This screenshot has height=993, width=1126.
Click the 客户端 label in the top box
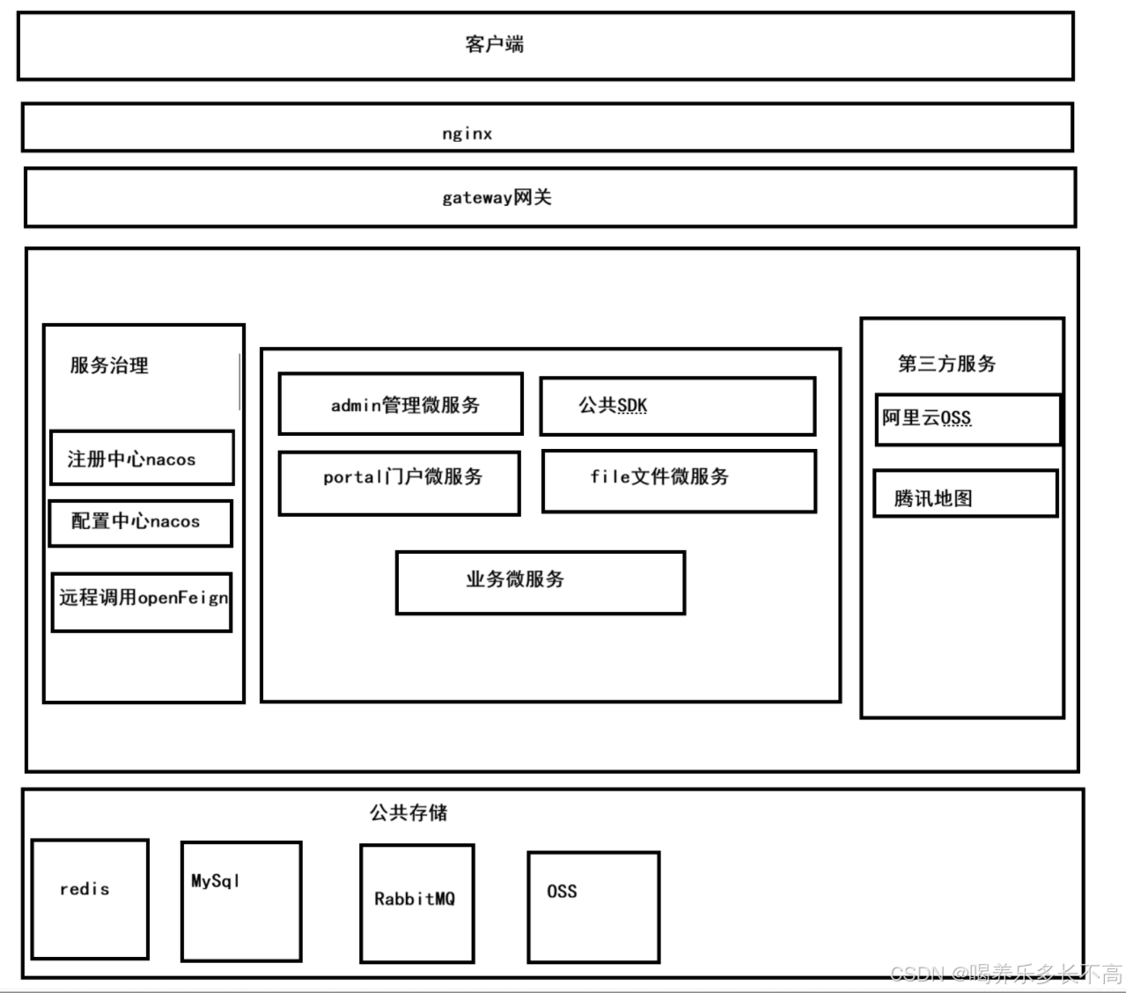494,44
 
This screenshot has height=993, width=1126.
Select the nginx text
467,133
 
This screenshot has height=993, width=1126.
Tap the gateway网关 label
497,197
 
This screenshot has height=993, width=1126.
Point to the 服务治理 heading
109,365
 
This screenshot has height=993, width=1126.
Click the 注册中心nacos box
142,457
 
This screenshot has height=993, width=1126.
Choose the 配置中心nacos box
141,524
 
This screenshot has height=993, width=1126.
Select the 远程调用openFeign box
142,602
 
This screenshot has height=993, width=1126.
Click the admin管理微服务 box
401,403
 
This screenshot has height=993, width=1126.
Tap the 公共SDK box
678,406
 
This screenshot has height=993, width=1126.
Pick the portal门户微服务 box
399,483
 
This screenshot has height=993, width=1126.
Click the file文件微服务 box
679,482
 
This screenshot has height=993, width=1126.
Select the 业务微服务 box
541,583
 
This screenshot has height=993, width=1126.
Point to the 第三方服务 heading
946,364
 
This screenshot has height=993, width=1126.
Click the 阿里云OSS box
968,420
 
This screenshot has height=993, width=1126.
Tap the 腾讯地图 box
966,494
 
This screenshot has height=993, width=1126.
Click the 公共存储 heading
408,813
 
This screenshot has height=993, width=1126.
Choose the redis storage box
90,899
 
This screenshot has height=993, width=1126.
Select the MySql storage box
241,901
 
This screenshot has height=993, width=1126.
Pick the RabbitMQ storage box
416,903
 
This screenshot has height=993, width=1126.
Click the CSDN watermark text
1006,974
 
